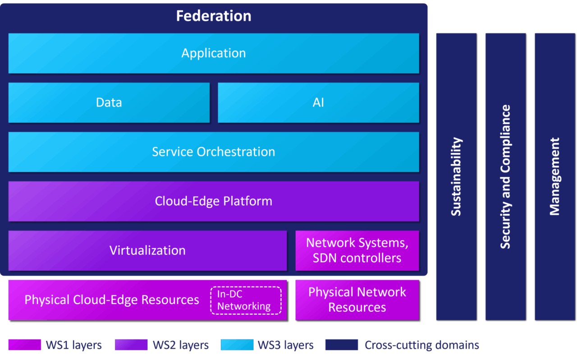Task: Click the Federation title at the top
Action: pyautogui.click(x=213, y=16)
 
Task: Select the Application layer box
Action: pyautogui.click(x=213, y=53)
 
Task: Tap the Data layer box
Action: pyautogui.click(x=109, y=102)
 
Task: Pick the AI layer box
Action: pyautogui.click(x=318, y=102)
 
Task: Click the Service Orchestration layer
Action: pyautogui.click(x=213, y=152)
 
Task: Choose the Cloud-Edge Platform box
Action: pyautogui.click(x=213, y=201)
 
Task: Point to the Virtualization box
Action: pyautogui.click(x=147, y=250)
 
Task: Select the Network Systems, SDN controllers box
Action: pyautogui.click(x=357, y=250)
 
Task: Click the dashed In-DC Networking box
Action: pyautogui.click(x=246, y=300)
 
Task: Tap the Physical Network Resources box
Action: pyautogui.click(x=357, y=300)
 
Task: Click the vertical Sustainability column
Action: pyautogui.click(x=456, y=176)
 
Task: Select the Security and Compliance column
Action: pyautogui.click(x=505, y=176)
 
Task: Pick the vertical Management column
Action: pyautogui.click(x=555, y=176)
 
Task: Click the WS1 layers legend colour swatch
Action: pyautogui.click(x=25, y=345)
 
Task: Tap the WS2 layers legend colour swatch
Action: pyautogui.click(x=131, y=345)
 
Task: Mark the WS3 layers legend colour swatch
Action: pyautogui.click(x=237, y=345)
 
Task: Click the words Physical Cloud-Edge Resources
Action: pyautogui.click(x=112, y=300)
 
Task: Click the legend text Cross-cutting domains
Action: pyautogui.click(x=422, y=346)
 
